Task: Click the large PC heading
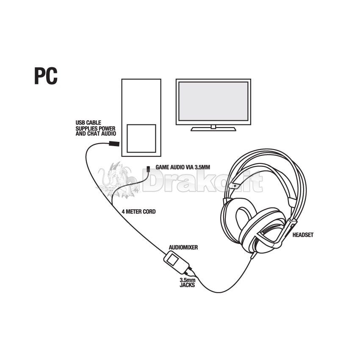pos(46,76)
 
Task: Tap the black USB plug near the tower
pos(114,144)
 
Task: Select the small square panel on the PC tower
pos(141,138)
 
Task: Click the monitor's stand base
pos(213,129)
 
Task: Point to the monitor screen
pos(213,101)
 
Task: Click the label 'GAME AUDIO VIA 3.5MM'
pos(183,167)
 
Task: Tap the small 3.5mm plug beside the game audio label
pos(148,169)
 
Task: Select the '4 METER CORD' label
pos(138,211)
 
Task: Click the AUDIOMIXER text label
pos(183,247)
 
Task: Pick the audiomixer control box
pos(176,263)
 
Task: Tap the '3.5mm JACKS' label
pos(187,282)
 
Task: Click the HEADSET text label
pos(303,235)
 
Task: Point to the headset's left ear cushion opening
pos(244,219)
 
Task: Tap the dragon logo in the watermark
pos(118,180)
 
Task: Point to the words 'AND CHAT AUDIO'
pos(96,133)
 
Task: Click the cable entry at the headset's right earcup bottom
pos(253,255)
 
